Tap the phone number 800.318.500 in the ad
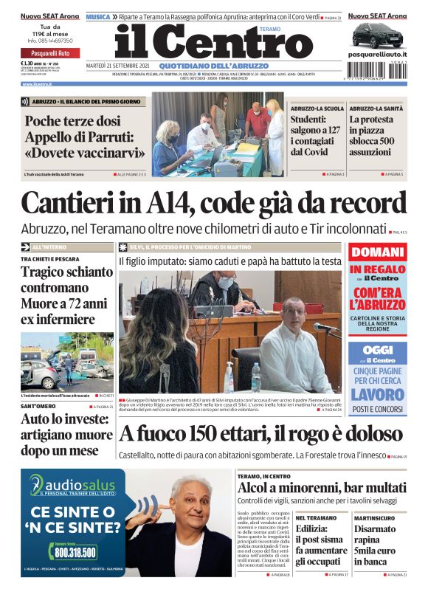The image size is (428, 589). (x=75, y=552)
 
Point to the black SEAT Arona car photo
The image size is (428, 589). (x=376, y=35)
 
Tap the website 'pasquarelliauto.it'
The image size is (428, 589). (x=377, y=56)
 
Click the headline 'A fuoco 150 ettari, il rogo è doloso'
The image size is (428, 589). (x=260, y=433)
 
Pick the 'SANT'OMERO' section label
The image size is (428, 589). (x=36, y=407)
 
